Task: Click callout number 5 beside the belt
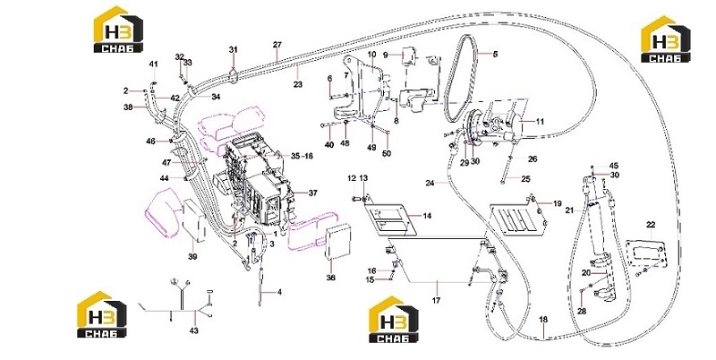click(496, 54)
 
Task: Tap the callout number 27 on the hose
click(277, 45)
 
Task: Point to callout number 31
click(234, 49)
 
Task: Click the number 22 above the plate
click(651, 225)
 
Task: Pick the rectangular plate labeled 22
click(645, 257)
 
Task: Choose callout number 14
click(427, 216)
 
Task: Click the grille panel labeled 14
click(385, 220)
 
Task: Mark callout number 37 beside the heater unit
click(312, 193)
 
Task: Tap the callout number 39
click(192, 257)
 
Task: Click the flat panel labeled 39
click(194, 219)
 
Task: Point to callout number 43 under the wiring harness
click(194, 330)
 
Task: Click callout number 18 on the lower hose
click(543, 320)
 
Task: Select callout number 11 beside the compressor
click(541, 122)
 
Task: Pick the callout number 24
click(430, 184)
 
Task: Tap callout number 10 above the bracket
click(371, 55)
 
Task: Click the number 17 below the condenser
click(437, 301)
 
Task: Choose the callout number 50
click(387, 154)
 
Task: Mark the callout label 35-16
click(303, 156)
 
